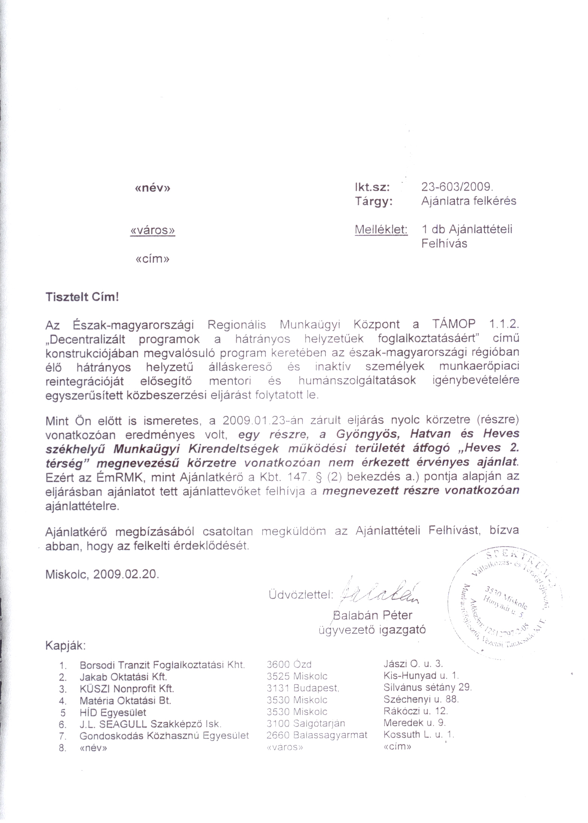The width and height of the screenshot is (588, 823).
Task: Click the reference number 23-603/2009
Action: coord(457,187)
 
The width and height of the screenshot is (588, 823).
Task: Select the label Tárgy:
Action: coord(374,202)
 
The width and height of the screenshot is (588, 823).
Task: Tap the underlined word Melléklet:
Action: coord(381,229)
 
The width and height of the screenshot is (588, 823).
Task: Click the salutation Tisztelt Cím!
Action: coord(82,297)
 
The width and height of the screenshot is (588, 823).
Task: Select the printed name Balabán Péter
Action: coord(373,615)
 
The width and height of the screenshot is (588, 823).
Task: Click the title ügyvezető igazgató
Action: coord(372,630)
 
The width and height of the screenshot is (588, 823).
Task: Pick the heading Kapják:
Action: coord(65,646)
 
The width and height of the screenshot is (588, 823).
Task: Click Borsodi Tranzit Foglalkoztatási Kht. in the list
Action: coord(162,665)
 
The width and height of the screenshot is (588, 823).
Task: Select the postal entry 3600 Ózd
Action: coord(289,665)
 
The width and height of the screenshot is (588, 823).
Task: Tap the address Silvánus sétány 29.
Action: coord(427,688)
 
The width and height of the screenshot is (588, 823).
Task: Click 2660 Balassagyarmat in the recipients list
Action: coord(317,735)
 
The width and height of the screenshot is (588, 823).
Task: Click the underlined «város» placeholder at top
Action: coord(152,230)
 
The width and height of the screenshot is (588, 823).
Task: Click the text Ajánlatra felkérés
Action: coord(468,202)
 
